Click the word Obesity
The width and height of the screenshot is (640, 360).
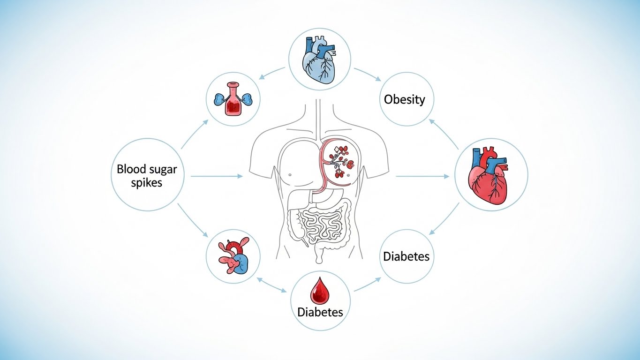click(x=404, y=99)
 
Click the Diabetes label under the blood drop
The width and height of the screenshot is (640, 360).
click(x=320, y=312)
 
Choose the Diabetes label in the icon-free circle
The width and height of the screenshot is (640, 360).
click(x=406, y=256)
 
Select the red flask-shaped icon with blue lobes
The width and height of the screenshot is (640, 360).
click(x=233, y=99)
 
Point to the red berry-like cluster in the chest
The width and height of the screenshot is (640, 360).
click(x=342, y=162)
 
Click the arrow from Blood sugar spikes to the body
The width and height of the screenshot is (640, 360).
click(x=217, y=176)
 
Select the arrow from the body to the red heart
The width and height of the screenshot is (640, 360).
click(x=422, y=177)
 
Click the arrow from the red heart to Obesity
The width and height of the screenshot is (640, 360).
click(x=444, y=134)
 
